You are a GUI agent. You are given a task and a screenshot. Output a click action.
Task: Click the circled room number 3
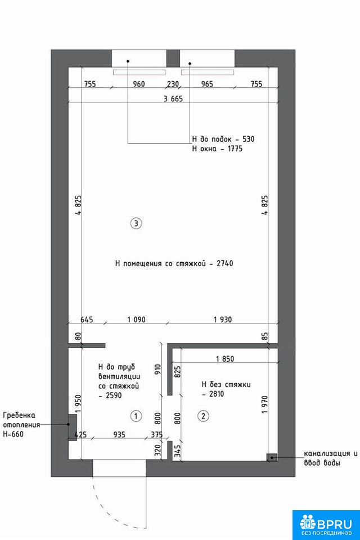click(136, 223)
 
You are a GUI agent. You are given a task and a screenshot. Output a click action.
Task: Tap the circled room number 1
click(136, 416)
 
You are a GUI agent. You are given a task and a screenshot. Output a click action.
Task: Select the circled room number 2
click(203, 416)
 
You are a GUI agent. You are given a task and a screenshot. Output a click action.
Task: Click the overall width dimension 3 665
click(173, 99)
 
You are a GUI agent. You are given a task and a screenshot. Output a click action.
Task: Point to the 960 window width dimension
click(138, 84)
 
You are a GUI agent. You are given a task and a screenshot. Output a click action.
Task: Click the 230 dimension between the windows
click(173, 84)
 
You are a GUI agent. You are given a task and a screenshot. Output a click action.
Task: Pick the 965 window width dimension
click(206, 84)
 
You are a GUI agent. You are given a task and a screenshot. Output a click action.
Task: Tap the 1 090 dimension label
click(137, 319)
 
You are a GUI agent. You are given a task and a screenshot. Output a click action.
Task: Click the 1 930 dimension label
click(223, 319)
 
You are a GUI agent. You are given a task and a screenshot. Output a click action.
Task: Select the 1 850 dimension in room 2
click(225, 359)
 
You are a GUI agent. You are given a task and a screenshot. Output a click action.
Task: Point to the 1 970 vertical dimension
click(264, 404)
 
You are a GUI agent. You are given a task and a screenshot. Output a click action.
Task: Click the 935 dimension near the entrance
click(119, 435)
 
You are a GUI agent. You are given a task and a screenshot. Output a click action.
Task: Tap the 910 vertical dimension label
click(158, 370)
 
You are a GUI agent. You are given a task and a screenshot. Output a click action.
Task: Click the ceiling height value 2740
click(225, 263)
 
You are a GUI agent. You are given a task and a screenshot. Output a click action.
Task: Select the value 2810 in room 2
click(217, 394)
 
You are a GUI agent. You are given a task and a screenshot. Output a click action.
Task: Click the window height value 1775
click(235, 148)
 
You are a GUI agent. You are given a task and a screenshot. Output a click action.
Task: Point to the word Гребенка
click(19, 416)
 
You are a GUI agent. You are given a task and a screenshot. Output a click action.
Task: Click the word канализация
click(327, 453)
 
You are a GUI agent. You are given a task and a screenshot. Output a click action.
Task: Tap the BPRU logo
click(326, 524)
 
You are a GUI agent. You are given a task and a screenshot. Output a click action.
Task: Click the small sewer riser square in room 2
click(272, 457)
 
